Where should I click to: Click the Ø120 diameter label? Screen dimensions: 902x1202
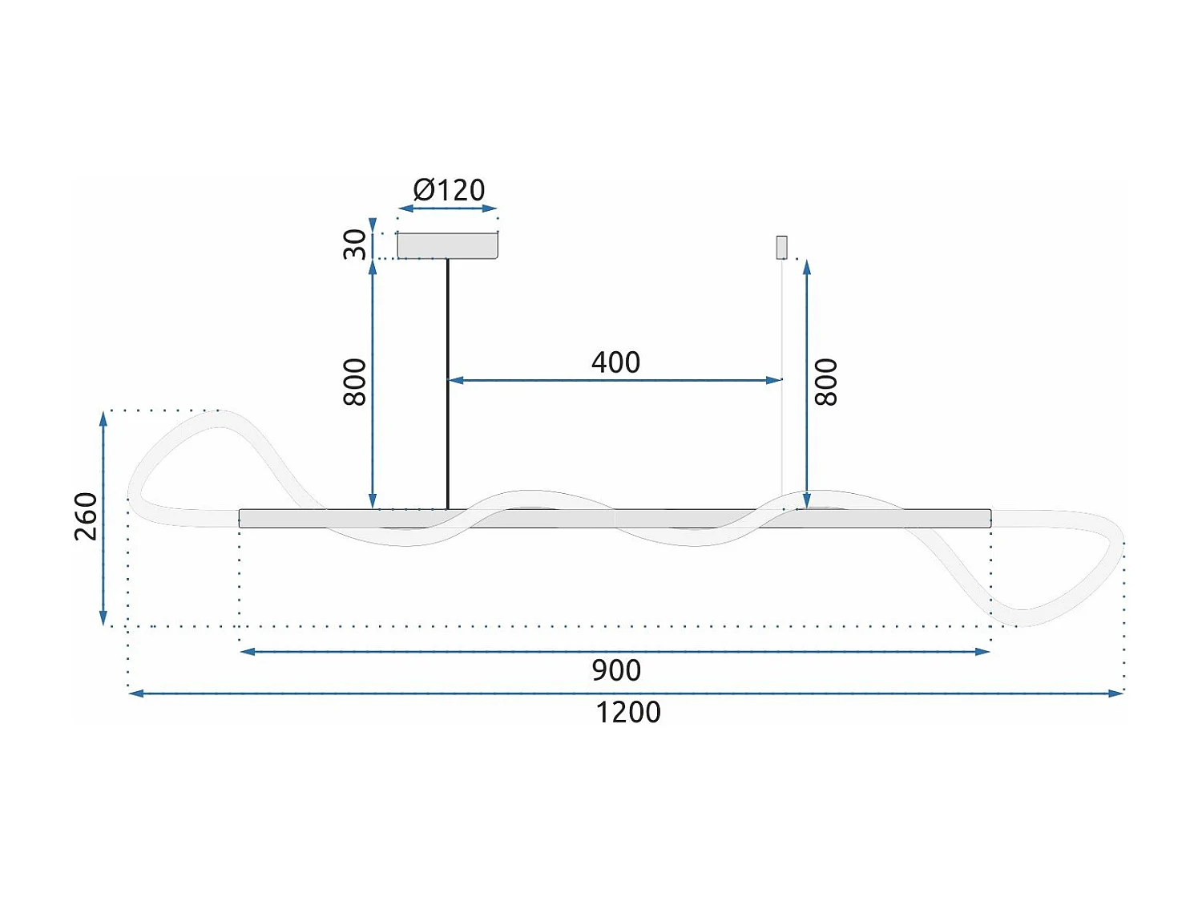449,190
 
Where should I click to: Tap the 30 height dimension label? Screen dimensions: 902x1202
354,244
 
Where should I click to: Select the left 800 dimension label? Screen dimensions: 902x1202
354,382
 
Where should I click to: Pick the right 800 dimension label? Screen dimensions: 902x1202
825,382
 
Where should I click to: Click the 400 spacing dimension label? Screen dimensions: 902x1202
615,362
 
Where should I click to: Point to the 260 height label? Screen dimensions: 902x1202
86,516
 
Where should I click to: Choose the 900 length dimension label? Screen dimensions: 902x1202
615,670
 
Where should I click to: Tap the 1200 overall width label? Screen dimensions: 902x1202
627,712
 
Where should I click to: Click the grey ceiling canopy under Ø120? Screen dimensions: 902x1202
447,245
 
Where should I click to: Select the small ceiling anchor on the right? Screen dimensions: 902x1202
781,248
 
